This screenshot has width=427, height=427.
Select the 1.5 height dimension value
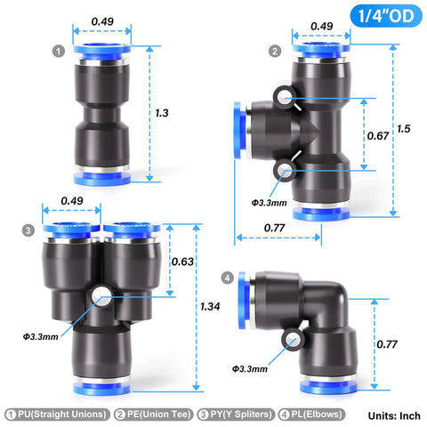click(405, 128)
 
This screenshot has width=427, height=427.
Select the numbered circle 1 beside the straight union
click(58, 51)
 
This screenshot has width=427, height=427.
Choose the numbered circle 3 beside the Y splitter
click(28, 230)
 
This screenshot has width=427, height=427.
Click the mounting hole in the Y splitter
click(105, 293)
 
